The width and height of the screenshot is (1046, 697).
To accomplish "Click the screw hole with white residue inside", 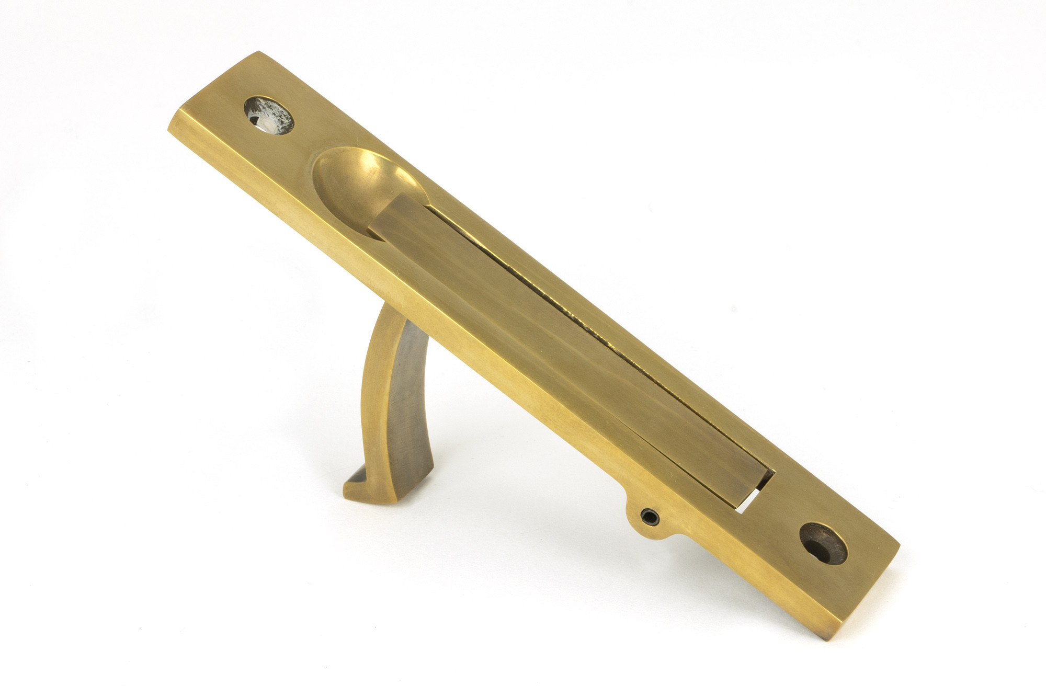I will [269, 115].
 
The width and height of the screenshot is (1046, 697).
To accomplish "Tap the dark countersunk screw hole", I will [823, 543].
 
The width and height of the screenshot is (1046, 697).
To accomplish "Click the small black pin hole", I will [649, 516].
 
